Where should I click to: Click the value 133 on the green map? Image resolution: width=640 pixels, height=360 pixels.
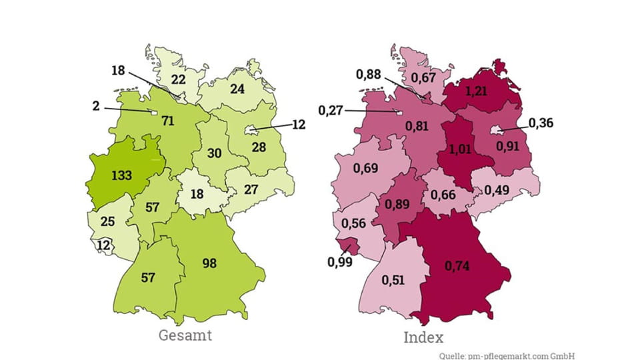(x=122, y=175)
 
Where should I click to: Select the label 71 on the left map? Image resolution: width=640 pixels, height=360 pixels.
(x=167, y=121)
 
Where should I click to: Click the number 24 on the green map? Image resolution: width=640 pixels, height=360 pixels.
(x=237, y=89)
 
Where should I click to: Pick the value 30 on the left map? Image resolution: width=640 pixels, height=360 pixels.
(x=214, y=153)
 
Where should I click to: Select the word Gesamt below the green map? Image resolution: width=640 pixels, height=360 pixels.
(x=185, y=335)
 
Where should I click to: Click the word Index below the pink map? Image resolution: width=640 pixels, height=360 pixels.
(x=423, y=337)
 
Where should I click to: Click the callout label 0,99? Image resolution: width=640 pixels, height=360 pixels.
(x=340, y=262)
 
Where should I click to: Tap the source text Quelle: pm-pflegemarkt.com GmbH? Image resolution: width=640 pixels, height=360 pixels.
(x=507, y=355)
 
